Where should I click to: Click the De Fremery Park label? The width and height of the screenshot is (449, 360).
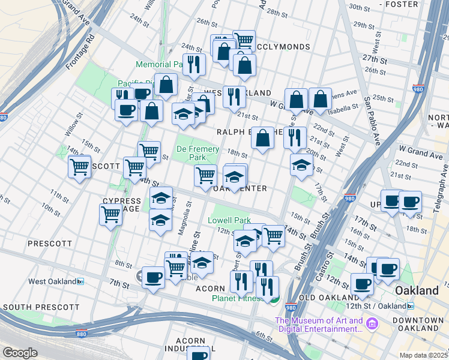click(x=191, y=152)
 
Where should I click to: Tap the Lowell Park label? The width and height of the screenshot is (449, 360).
click(x=229, y=220)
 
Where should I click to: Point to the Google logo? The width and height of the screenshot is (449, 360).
click(x=20, y=353)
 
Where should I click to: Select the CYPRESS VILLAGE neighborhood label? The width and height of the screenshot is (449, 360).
click(x=121, y=205)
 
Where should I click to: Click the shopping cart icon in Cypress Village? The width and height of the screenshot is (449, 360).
click(x=111, y=213)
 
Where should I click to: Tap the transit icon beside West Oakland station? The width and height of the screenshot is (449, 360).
click(x=80, y=281)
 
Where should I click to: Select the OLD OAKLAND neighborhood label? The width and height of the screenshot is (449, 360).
click(x=328, y=298)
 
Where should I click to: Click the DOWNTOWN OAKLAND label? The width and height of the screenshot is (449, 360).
click(x=418, y=324)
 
